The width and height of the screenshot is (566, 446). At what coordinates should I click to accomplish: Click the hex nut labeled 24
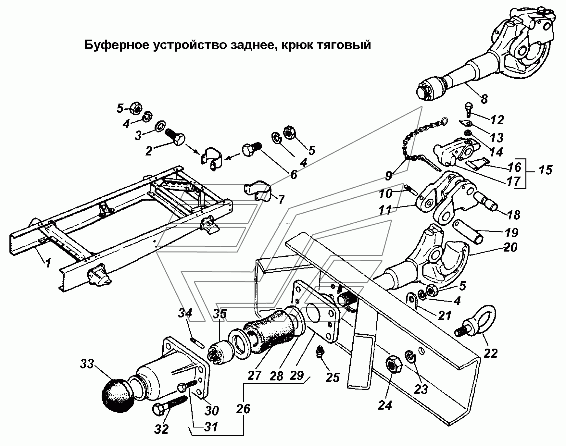coord(393,365)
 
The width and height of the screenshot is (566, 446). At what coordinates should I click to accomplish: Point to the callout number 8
coord(484,98)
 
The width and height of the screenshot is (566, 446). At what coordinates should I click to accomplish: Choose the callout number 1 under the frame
coord(48,262)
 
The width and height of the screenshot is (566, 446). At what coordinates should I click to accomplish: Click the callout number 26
coord(243,408)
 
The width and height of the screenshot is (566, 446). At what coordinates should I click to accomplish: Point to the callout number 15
coord(546,170)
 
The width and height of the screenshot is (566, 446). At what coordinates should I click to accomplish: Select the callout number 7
coord(280,199)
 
